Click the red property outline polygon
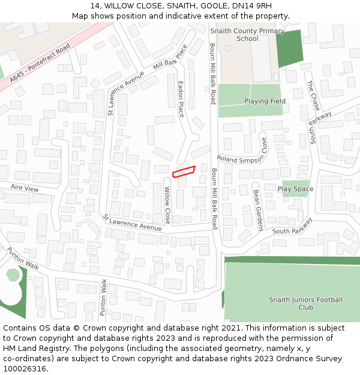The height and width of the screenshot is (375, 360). pos(184,172)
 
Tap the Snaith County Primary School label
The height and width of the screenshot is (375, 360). pos(247,35)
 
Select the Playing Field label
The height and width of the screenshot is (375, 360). pos(265,101)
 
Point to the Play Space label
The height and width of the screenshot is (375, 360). pos(295,189)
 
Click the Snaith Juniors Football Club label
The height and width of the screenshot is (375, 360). pos(305,304)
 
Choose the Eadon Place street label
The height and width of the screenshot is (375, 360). pos(181,99)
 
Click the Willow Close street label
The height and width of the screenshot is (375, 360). pos(168,205)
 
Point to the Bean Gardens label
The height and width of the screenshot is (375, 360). pos(258,210)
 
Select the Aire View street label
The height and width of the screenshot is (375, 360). pos(25,188)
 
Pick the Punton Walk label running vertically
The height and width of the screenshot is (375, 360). pos(103,298)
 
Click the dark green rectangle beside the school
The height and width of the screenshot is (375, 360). pos(289,48)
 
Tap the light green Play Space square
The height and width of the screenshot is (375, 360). pos(296,188)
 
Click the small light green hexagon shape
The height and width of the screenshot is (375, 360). pos(13,275)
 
